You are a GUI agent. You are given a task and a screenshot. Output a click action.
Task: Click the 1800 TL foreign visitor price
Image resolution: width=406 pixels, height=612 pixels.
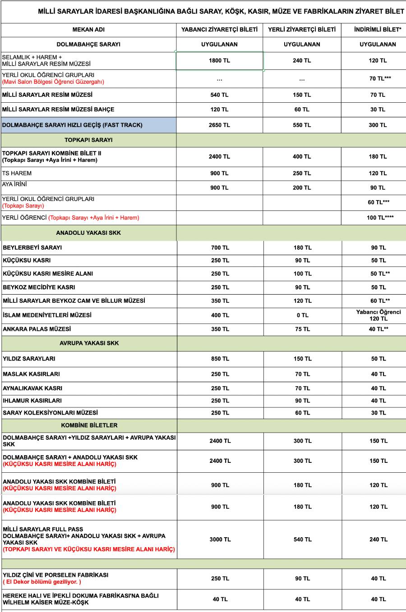[219, 60]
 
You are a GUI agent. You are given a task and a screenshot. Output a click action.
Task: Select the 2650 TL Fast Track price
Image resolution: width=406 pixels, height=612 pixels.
[219, 125]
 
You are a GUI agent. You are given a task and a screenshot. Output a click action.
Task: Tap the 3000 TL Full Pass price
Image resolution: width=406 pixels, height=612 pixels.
[220, 539]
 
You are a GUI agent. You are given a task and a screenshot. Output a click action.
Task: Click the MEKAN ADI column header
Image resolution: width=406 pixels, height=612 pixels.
[88, 30]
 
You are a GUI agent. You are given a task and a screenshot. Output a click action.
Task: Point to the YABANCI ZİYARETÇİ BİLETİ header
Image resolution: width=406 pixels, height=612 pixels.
[219, 30]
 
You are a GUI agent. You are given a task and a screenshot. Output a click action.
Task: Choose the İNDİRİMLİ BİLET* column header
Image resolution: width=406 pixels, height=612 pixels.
[378, 30]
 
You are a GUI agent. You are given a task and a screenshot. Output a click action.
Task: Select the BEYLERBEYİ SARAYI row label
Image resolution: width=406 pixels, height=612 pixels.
[32, 247]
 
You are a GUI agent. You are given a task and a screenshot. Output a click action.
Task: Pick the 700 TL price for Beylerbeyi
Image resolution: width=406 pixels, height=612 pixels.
[220, 247]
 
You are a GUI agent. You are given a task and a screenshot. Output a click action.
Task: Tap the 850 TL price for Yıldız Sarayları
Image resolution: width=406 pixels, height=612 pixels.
[220, 359]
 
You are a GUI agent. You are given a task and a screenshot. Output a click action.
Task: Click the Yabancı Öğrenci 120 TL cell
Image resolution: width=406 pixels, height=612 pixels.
[378, 315]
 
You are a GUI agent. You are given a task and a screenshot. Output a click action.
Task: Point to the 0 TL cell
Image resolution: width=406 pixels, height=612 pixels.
[302, 315]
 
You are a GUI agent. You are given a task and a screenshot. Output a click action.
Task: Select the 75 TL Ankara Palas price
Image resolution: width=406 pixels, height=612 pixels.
[302, 329]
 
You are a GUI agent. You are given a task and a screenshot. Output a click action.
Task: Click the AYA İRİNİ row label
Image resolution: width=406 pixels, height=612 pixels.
[14, 184]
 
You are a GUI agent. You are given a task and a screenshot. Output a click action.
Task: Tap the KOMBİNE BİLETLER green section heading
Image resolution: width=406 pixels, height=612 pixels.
[89, 425]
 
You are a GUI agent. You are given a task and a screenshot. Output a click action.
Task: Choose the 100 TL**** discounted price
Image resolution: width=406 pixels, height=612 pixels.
[380, 218]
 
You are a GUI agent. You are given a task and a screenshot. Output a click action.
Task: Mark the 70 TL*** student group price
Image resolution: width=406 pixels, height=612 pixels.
[380, 78]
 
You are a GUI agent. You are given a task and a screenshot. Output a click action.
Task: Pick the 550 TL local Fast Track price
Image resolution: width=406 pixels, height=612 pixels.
[302, 125]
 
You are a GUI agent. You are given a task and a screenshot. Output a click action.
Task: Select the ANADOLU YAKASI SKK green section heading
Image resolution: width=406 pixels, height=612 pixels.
[88, 233]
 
